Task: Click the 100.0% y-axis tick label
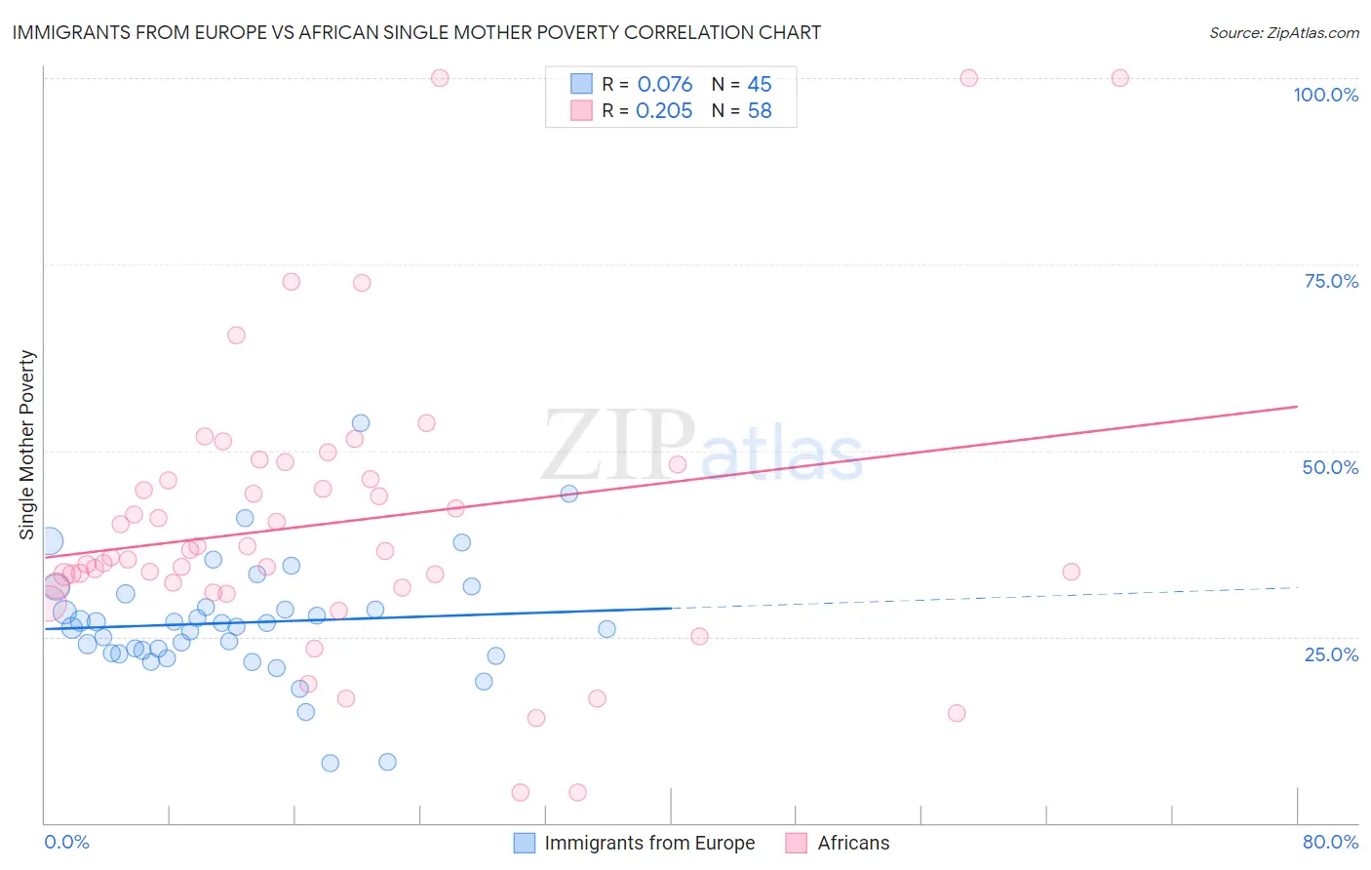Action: pyautogui.click(x=1325, y=95)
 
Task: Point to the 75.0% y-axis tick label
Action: pyautogui.click(x=1331, y=281)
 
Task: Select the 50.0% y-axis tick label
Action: pyautogui.click(x=1330, y=467)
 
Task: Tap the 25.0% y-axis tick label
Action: pyautogui.click(x=1331, y=653)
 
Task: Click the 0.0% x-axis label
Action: pyautogui.click(x=66, y=842)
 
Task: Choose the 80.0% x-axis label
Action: pyautogui.click(x=1330, y=842)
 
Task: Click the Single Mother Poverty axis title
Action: pyautogui.click(x=27, y=445)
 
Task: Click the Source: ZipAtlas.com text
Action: pyautogui.click(x=1283, y=32)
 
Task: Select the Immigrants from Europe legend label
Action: pyautogui.click(x=649, y=843)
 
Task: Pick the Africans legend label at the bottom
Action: pyautogui.click(x=853, y=843)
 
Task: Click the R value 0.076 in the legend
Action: pyautogui.click(x=665, y=85)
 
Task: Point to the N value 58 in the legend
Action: pyautogui.click(x=760, y=111)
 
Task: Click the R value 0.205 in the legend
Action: pyautogui.click(x=664, y=111)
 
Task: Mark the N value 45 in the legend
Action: pyautogui.click(x=760, y=85)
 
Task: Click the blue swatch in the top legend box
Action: pyautogui.click(x=581, y=84)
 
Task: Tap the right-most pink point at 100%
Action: pyautogui.click(x=1119, y=78)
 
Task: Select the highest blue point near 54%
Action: pyautogui.click(x=361, y=423)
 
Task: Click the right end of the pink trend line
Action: pyautogui.click(x=1297, y=406)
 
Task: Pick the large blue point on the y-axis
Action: pyautogui.click(x=49, y=540)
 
